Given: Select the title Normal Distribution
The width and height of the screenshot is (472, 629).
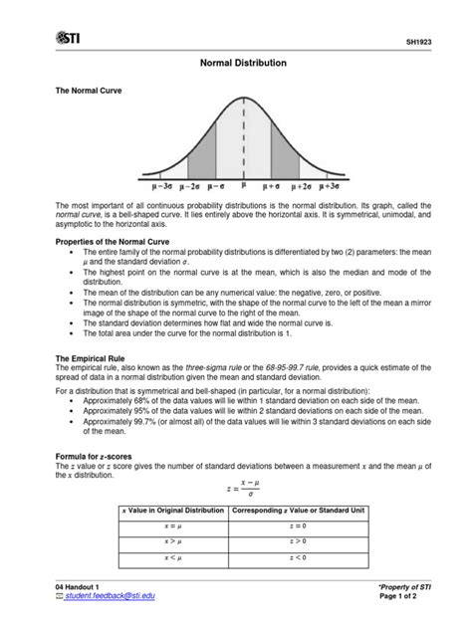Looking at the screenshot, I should coord(236,63).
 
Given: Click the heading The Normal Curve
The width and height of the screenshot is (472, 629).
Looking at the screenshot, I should coord(88,90).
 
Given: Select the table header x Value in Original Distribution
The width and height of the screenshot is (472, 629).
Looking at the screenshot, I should coord(172,510).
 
